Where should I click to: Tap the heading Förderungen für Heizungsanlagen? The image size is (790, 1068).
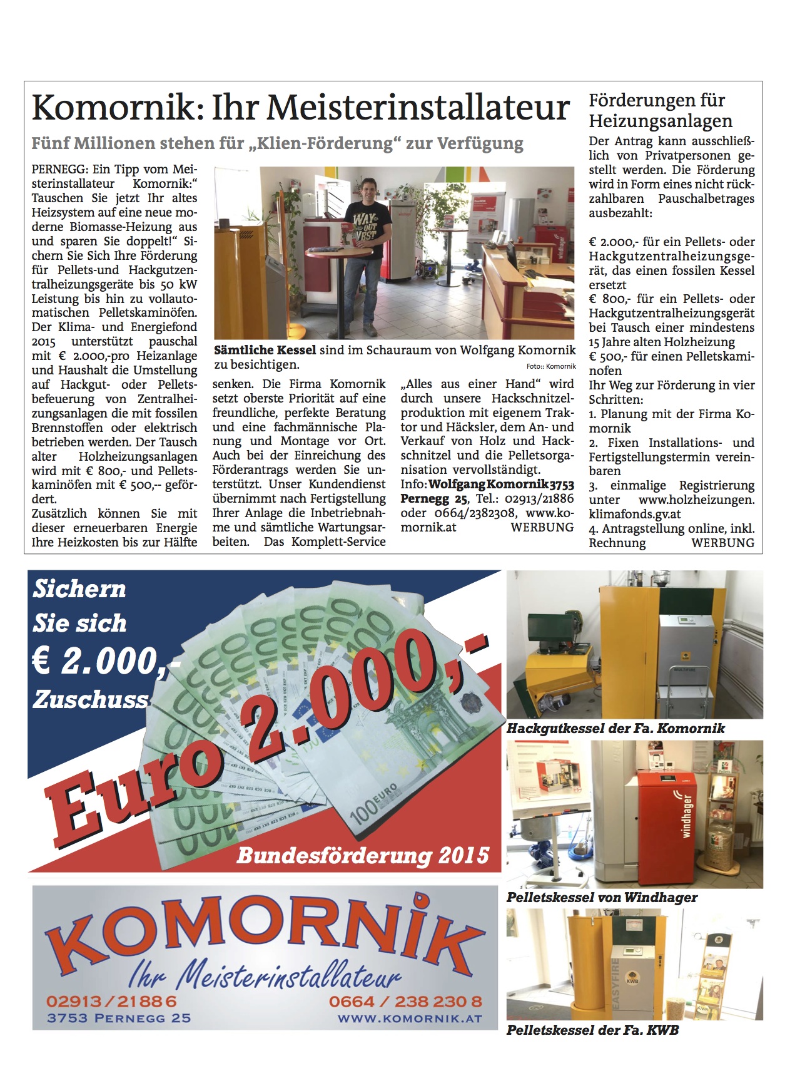pyautogui.click(x=660, y=110)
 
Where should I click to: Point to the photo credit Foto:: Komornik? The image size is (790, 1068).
pyautogui.click(x=550, y=367)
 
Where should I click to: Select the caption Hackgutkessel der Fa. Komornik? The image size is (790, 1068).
pyautogui.click(x=615, y=729)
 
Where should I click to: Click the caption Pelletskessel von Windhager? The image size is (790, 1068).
pyautogui.click(x=602, y=898)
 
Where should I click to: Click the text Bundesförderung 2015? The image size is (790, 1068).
pyautogui.click(x=363, y=856)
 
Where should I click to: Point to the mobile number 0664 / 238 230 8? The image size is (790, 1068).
pyautogui.click(x=405, y=1002)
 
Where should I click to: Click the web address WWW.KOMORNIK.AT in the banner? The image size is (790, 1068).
pyautogui.click(x=410, y=1019)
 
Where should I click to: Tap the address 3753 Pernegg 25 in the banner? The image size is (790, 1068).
pyautogui.click(x=119, y=1018)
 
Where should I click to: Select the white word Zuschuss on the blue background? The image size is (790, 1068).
pyautogui.click(x=91, y=699)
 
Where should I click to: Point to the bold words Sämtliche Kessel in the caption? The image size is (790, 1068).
pyautogui.click(x=265, y=350)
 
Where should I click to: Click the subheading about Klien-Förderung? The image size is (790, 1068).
pyautogui.click(x=277, y=143)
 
